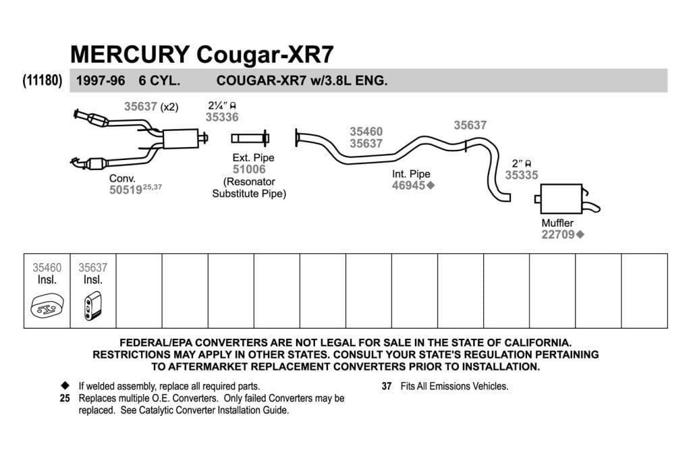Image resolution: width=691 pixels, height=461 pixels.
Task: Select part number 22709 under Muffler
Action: tap(558, 234)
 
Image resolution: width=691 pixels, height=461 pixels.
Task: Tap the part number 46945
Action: tap(408, 186)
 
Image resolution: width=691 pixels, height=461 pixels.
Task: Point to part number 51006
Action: tap(249, 169)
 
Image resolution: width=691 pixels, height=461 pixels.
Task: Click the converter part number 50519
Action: tap(126, 190)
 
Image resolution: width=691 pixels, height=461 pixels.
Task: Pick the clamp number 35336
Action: tap(221, 117)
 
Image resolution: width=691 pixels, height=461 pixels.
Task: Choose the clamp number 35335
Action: tap(522, 175)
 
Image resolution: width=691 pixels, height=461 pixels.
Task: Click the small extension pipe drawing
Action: tap(250, 138)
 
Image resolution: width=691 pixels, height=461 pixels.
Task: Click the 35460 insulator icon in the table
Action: tap(47, 306)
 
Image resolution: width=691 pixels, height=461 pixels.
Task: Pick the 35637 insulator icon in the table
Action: tap(92, 306)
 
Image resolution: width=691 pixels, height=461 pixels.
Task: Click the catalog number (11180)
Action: tap(43, 80)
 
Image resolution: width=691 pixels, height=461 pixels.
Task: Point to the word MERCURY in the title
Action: tap(130, 54)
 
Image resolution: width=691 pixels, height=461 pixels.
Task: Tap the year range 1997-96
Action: tap(101, 80)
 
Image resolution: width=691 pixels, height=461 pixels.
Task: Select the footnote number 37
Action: tap(387, 386)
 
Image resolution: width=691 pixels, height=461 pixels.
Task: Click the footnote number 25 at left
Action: tap(65, 398)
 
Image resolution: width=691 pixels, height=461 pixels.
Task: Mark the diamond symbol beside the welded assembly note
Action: tap(65, 385)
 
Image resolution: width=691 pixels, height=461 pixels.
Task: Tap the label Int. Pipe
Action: tap(411, 174)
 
